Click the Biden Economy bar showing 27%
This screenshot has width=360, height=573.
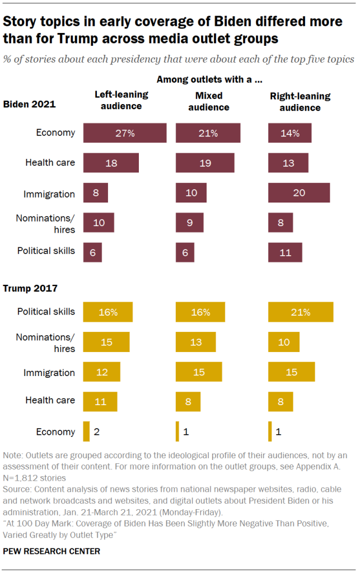point(125,133)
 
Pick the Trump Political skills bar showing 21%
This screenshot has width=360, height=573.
point(301,312)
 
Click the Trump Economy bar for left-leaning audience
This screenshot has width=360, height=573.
point(86,431)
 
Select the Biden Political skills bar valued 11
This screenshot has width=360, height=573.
point(285,252)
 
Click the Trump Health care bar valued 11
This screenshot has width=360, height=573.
point(100,401)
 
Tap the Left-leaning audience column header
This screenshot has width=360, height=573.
point(117,101)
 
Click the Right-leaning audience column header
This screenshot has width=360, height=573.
point(300,101)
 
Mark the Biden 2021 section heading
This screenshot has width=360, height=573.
point(30,104)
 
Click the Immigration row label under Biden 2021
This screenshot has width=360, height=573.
point(49,194)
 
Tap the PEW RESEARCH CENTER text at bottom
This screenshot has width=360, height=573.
point(52,551)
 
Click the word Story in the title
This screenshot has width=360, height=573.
point(21,22)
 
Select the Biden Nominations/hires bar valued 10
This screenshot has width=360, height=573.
point(99,222)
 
